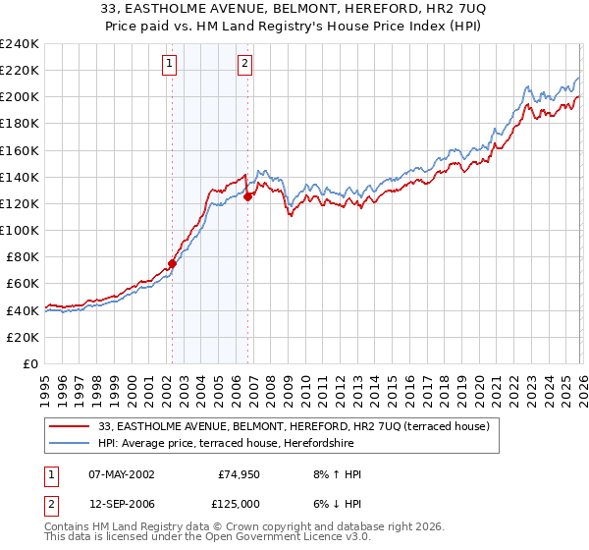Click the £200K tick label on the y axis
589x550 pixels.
[19, 97]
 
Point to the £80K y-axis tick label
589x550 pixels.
[22, 256]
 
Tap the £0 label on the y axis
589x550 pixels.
[30, 363]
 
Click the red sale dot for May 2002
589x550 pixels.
[172, 263]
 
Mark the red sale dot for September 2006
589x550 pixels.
[247, 196]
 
